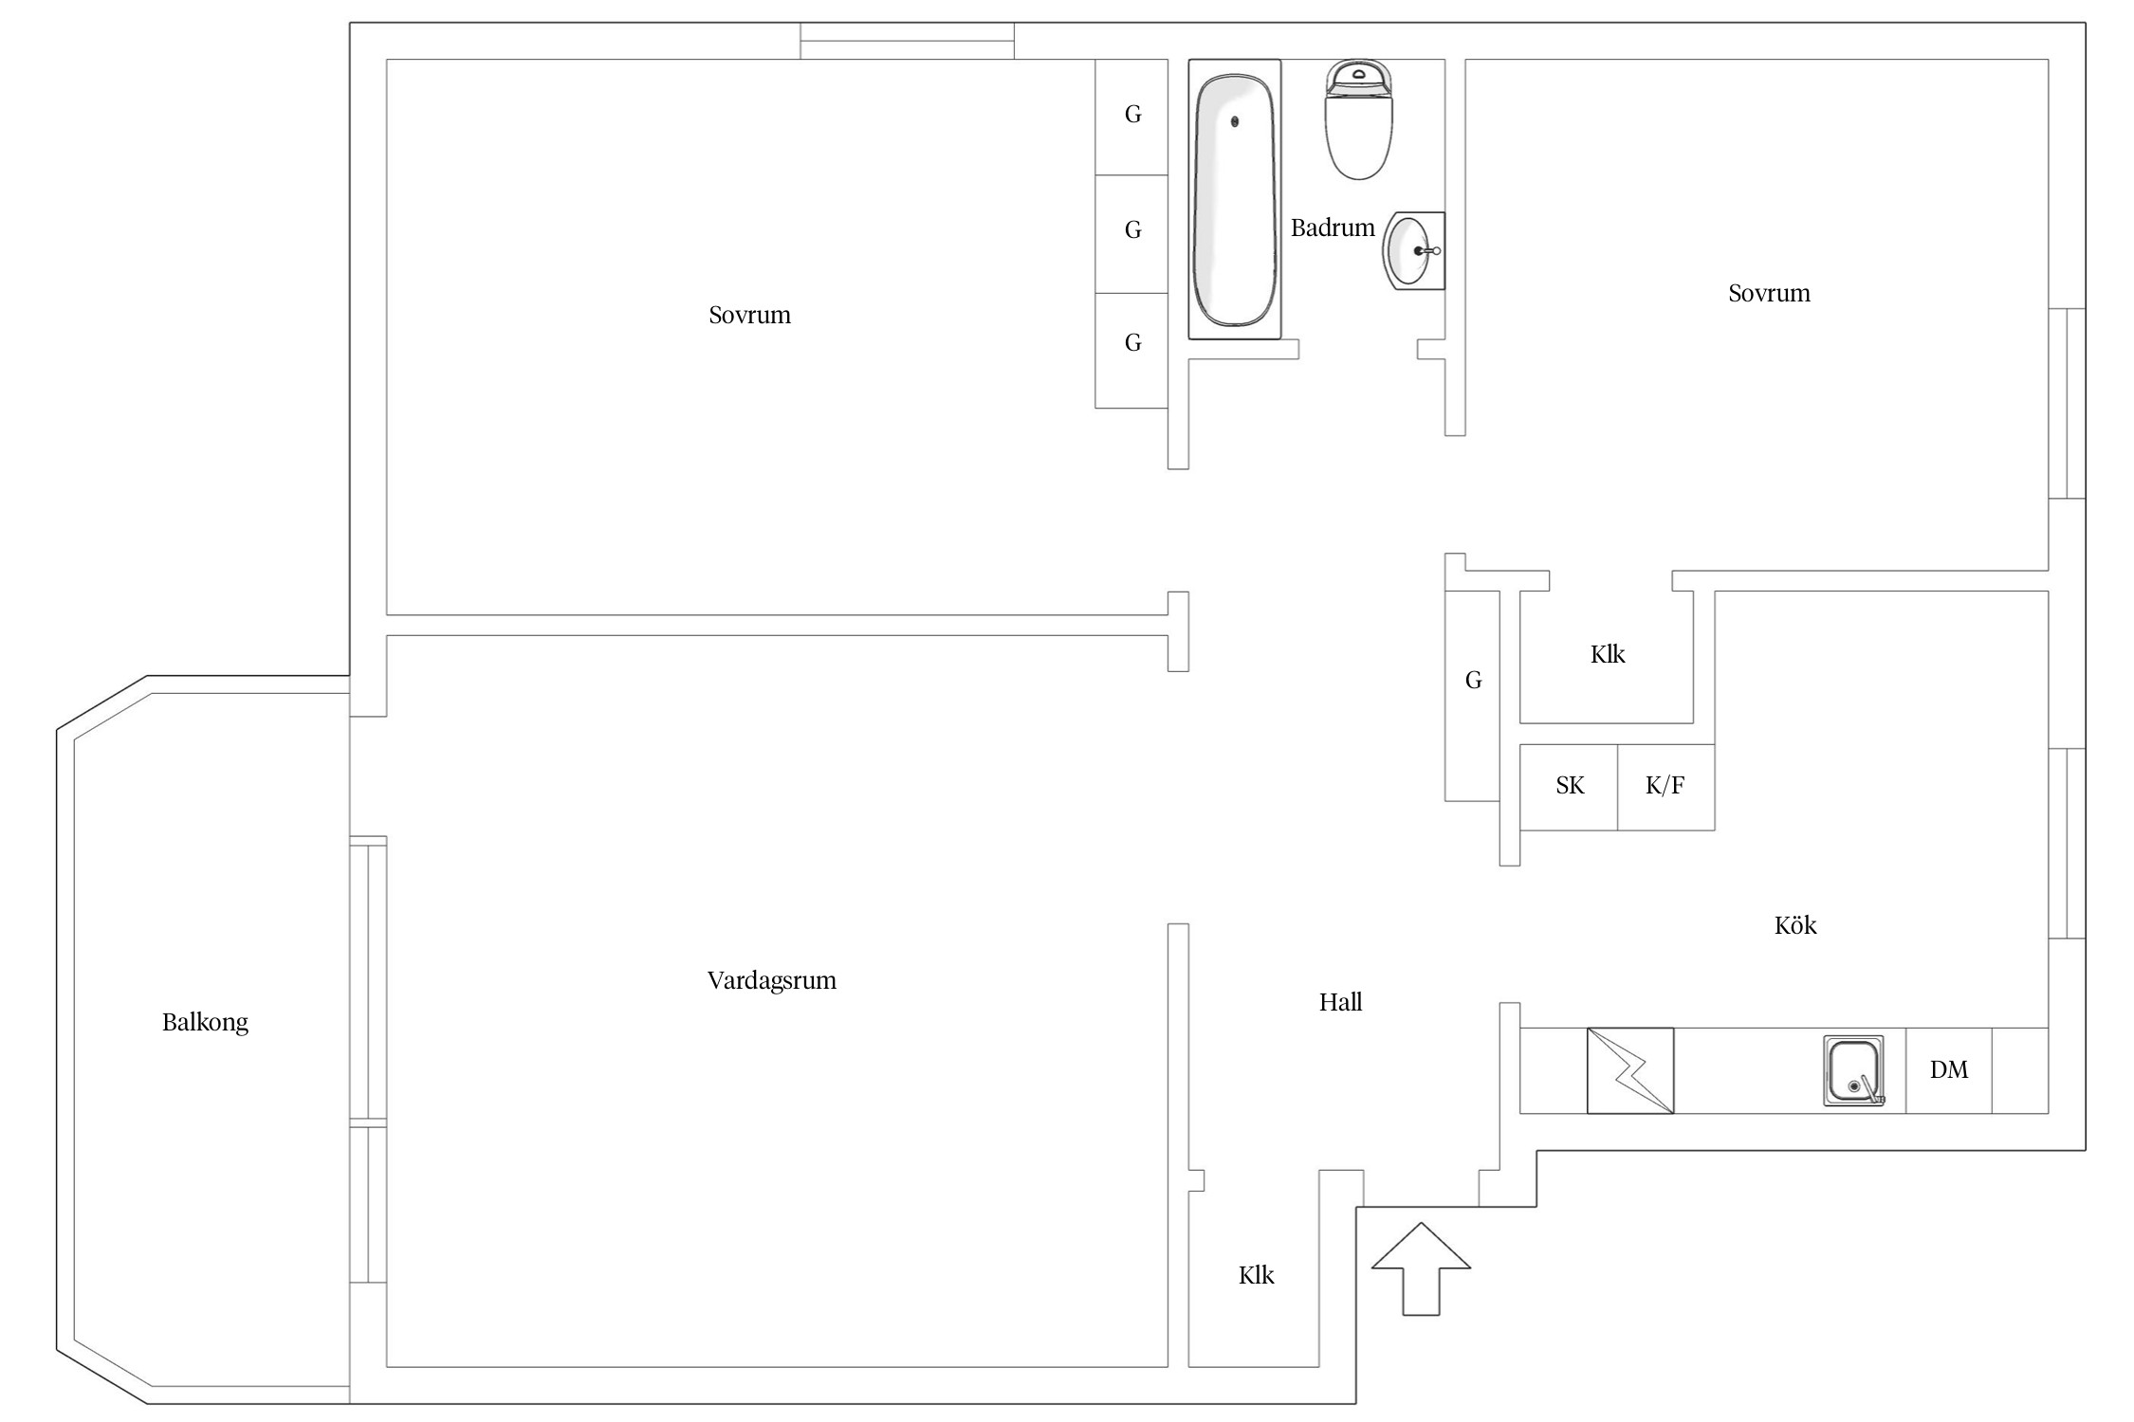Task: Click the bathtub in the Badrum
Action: coord(1235,199)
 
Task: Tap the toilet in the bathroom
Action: coord(1358,119)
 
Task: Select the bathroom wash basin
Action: coord(1413,251)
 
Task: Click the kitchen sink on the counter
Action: coord(1853,1071)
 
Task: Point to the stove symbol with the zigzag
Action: coord(1630,1070)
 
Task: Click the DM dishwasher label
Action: coord(1949,1070)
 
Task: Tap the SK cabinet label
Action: coord(1570,786)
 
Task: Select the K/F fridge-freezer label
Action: coord(1665,786)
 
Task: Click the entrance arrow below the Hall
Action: coord(1421,1268)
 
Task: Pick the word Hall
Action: coord(1340,1002)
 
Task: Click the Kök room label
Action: coord(1795,925)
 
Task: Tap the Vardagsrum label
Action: coord(772,981)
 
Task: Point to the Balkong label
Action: coord(205,1023)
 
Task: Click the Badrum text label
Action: coord(1333,228)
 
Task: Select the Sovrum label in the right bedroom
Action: coord(1769,294)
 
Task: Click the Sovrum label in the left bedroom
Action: coord(749,316)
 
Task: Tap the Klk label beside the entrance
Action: coord(1256,1276)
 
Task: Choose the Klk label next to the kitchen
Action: coord(1608,655)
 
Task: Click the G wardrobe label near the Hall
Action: coord(1473,681)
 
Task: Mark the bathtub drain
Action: coord(1235,121)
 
